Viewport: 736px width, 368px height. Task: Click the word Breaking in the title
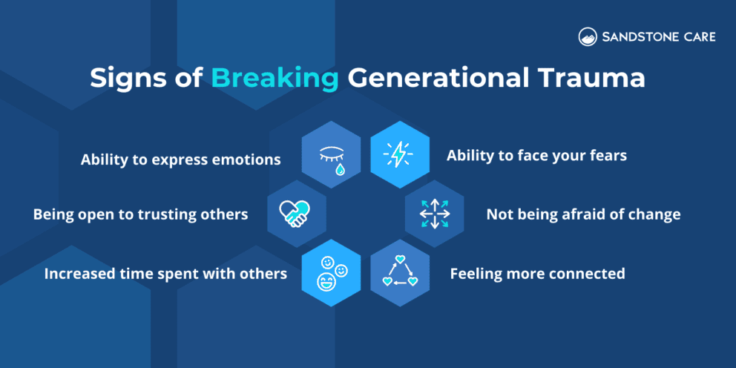[x=275, y=79]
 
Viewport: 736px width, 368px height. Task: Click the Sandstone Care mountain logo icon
[x=588, y=37]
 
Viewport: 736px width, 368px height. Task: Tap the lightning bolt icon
[x=399, y=155]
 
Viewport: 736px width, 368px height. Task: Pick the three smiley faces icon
[x=331, y=272]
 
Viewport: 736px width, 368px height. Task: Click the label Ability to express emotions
[x=180, y=159]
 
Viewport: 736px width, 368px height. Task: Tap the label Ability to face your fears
[x=536, y=156]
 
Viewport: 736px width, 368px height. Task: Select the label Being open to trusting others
[x=140, y=214]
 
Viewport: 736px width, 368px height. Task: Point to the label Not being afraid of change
[x=583, y=214]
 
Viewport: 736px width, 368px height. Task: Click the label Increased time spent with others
[x=165, y=273]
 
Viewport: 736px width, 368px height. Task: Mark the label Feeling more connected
[x=537, y=273]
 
